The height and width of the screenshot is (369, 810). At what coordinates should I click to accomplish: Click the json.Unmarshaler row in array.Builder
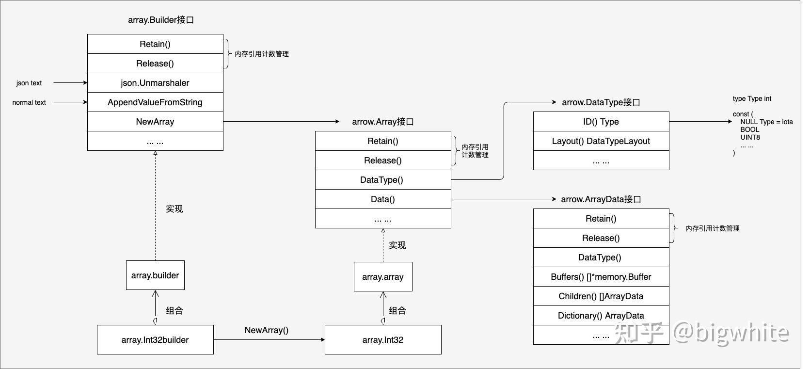point(155,83)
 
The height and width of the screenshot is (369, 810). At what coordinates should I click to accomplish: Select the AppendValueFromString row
point(155,102)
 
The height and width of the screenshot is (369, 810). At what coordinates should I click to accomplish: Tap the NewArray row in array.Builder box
point(155,122)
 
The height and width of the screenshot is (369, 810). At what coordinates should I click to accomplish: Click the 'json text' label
point(29,83)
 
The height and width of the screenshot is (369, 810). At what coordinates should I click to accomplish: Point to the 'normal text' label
point(29,102)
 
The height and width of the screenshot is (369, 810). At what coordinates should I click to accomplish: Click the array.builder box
point(155,275)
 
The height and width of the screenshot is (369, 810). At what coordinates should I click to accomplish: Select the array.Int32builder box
point(155,340)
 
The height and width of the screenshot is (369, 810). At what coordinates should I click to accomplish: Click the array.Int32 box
point(383,340)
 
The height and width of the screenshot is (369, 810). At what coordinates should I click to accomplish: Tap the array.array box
point(383,277)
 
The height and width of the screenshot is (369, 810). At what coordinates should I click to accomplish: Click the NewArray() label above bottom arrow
point(267,330)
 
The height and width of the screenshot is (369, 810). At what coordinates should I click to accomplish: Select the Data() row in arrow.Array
point(383,199)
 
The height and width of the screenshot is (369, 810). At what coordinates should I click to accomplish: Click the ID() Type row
point(601,122)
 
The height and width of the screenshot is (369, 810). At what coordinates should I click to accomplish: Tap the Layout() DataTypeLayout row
point(601,141)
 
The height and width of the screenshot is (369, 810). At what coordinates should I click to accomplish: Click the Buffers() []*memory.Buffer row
point(601,277)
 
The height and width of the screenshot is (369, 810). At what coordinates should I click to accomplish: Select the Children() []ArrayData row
point(601,296)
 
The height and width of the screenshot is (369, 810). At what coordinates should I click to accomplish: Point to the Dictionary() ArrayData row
point(601,316)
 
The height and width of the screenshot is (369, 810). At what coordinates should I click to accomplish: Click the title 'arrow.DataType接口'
point(601,102)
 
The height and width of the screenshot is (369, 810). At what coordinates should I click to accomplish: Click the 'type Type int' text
point(752,98)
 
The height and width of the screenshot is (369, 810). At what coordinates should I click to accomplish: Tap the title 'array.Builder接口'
point(161,20)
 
